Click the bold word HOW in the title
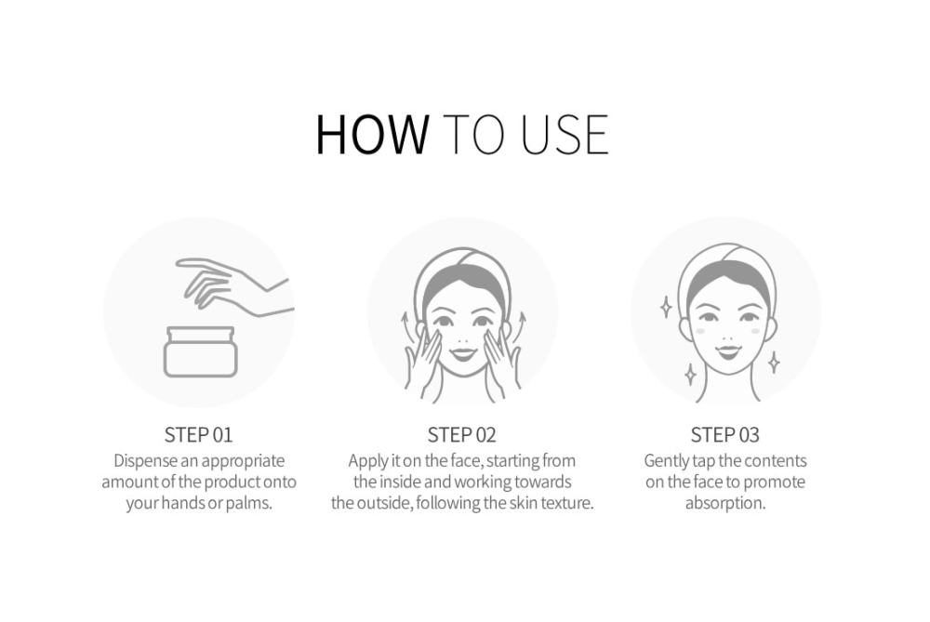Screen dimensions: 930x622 [x=372, y=134]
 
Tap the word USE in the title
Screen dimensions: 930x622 [x=565, y=135]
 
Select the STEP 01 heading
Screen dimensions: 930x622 [x=199, y=434]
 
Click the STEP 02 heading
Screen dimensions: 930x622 [x=461, y=434]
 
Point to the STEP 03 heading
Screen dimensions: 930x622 [x=724, y=434]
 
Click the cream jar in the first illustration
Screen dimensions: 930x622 [x=201, y=351]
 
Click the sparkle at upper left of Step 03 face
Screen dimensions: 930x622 [x=666, y=307]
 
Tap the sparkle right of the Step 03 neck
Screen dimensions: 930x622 [x=774, y=363]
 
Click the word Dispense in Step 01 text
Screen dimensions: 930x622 [x=145, y=461]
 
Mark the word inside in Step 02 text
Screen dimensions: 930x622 [x=400, y=482]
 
